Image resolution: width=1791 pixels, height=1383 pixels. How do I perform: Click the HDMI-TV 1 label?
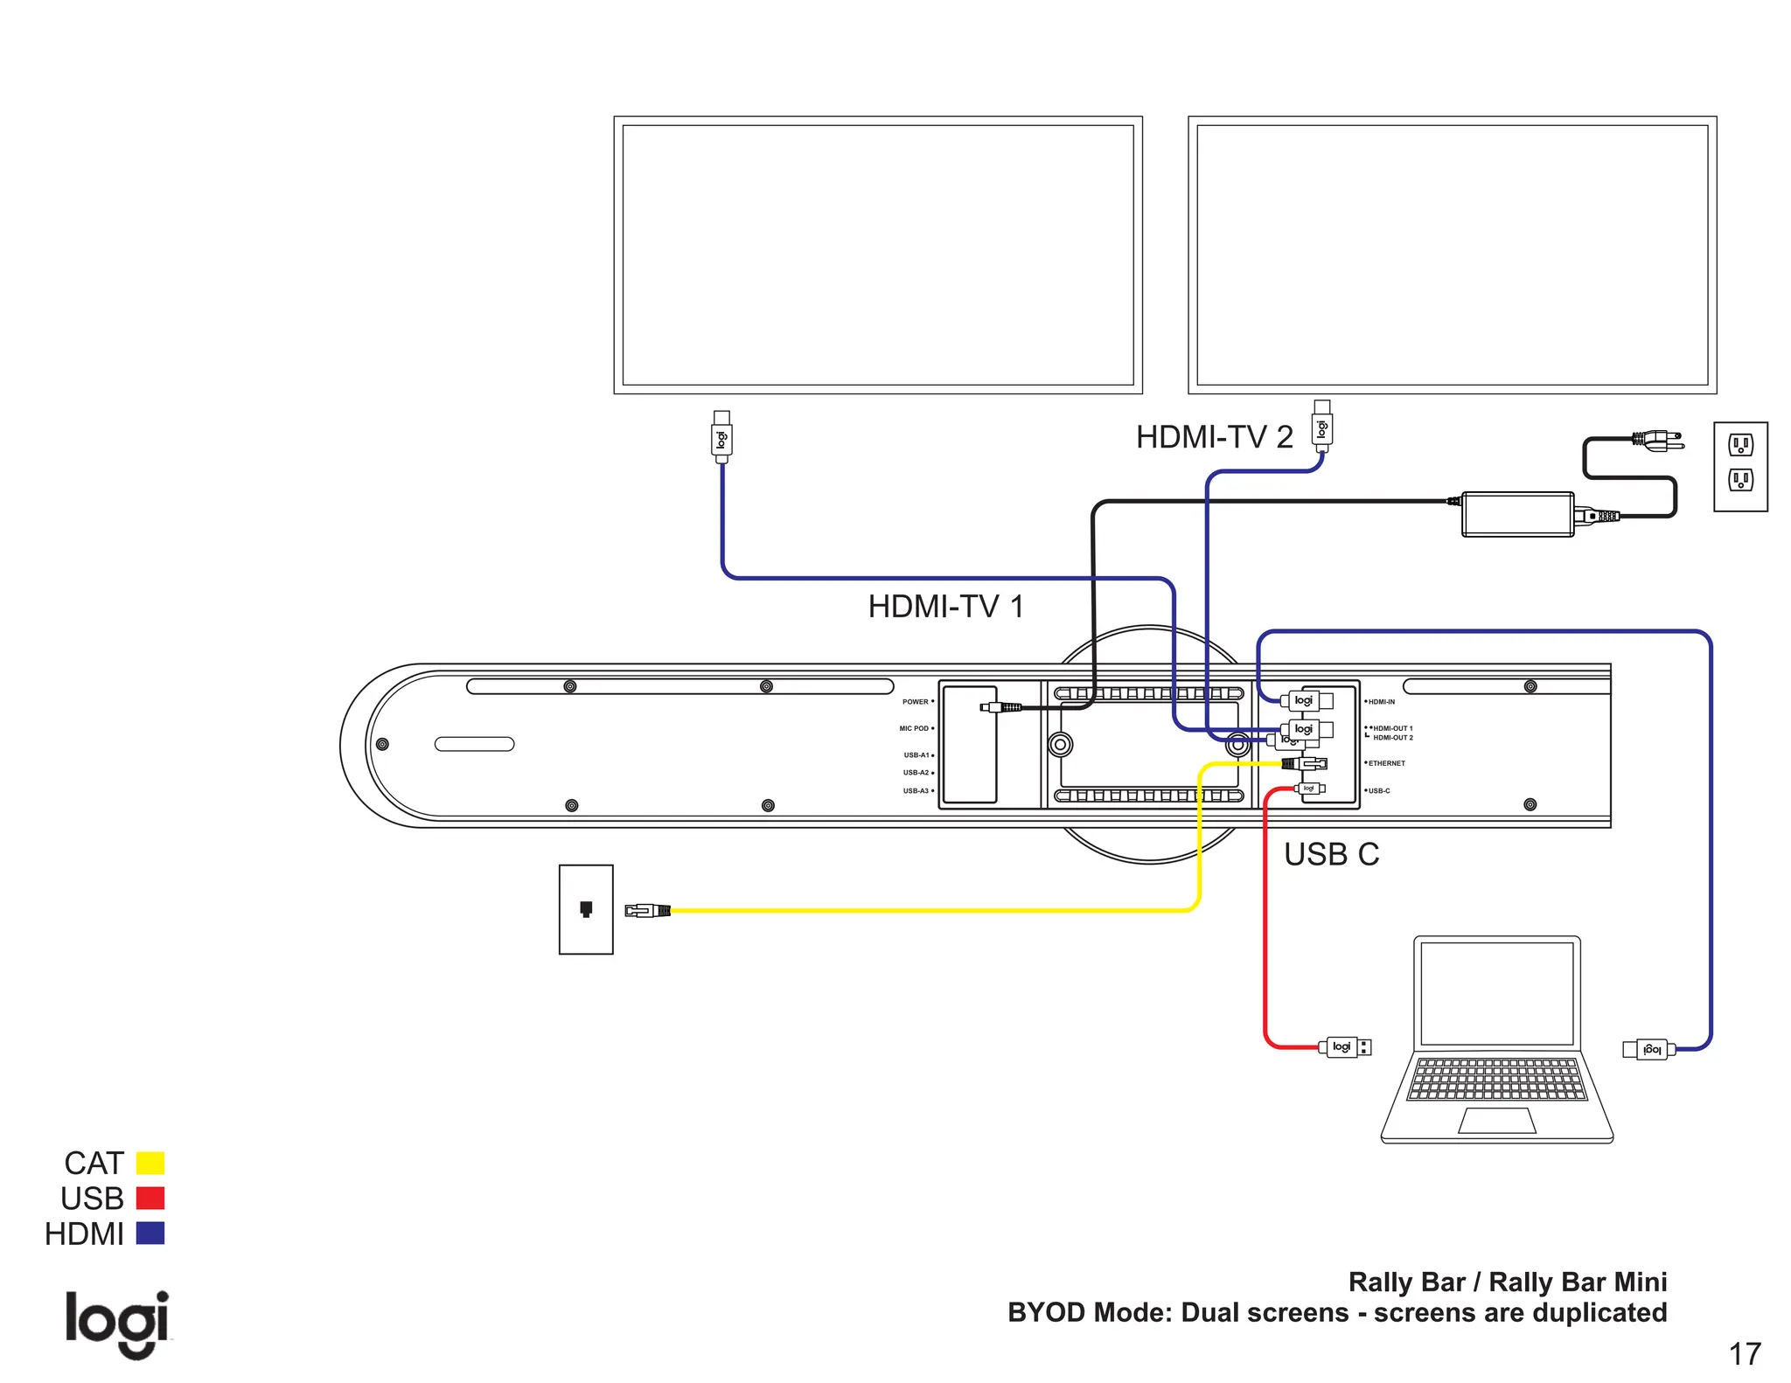[x=945, y=607]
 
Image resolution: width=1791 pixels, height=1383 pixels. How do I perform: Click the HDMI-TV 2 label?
[x=1214, y=437]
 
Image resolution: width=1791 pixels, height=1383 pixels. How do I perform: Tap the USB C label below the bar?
[x=1330, y=854]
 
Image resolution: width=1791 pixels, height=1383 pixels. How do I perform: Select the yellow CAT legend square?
[x=150, y=1163]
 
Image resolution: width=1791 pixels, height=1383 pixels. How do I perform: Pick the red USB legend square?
[x=150, y=1198]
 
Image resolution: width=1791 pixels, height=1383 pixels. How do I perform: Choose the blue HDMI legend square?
[x=150, y=1234]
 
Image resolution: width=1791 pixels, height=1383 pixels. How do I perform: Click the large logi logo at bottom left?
[x=117, y=1323]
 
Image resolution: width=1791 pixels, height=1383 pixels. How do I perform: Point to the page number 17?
[x=1744, y=1354]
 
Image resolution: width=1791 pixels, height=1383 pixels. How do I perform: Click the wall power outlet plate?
[x=1740, y=467]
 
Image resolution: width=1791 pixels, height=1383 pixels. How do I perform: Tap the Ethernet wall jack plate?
[x=586, y=909]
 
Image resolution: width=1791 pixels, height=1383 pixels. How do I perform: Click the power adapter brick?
[x=1517, y=514]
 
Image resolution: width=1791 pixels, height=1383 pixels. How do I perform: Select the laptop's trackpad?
[x=1497, y=1121]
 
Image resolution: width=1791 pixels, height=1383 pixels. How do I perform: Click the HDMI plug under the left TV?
[x=721, y=437]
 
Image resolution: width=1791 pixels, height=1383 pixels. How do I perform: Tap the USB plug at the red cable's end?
[x=1345, y=1046]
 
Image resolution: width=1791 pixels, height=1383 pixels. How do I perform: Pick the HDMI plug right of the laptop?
[x=1648, y=1049]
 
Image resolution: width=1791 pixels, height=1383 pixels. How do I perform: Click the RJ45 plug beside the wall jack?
[x=647, y=911]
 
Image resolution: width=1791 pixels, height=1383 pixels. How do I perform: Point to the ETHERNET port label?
[x=1386, y=763]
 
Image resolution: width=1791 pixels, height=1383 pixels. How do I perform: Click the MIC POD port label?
[x=914, y=728]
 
